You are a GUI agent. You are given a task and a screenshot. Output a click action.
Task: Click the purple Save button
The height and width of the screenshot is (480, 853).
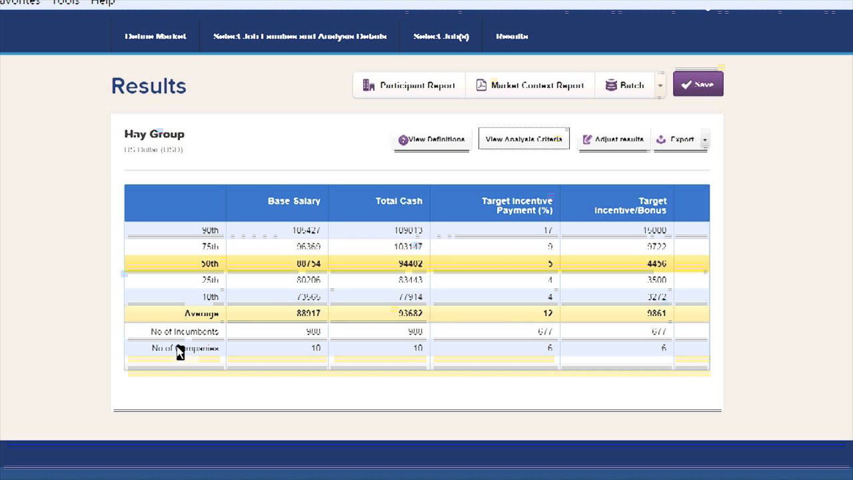point(698,85)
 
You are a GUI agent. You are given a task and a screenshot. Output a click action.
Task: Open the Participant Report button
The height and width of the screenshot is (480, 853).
point(409,85)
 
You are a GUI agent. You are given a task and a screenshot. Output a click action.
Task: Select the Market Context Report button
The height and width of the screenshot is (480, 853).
point(530,85)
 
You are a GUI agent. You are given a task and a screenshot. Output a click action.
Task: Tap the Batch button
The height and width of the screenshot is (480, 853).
point(624,85)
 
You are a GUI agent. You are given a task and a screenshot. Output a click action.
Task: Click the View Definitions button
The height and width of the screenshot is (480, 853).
point(432,139)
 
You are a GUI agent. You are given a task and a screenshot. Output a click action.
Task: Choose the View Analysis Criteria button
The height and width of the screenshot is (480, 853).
point(524,139)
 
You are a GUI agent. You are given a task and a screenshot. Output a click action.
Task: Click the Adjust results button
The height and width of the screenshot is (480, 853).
point(613,139)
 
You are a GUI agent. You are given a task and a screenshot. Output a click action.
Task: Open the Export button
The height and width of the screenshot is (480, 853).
point(676,139)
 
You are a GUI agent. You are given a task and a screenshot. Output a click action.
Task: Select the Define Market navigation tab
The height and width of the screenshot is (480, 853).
point(155,37)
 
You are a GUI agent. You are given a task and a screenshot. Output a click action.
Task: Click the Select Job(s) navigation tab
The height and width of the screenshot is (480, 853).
point(441,37)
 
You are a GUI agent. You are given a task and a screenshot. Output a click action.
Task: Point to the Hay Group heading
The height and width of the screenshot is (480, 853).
point(154,134)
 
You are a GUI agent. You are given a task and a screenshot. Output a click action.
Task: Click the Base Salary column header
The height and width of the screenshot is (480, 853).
point(294,201)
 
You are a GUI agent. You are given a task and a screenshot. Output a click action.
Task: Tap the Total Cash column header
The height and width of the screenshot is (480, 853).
point(399,201)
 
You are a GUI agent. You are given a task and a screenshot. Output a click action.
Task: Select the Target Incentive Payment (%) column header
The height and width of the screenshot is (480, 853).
point(517,205)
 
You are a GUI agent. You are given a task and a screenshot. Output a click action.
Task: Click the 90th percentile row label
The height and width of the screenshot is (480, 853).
point(210,231)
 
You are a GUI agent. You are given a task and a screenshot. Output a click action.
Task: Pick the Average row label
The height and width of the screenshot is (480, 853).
point(201,313)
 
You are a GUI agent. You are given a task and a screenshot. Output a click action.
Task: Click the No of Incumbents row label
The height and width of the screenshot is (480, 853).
point(185,331)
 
